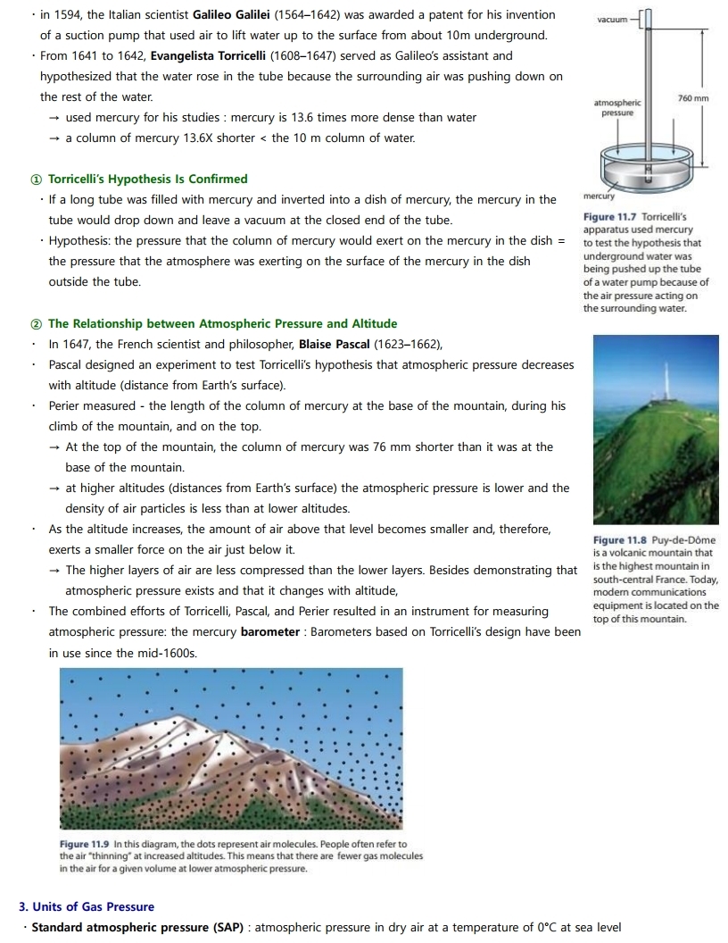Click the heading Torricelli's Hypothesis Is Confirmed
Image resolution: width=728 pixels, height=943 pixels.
pos(147,179)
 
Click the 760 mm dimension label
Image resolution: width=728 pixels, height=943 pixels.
pos(693,97)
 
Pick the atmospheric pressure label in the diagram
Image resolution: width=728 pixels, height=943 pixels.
pos(616,108)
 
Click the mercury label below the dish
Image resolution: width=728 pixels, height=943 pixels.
pos(600,196)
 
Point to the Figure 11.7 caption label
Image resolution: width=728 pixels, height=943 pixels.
pos(610,217)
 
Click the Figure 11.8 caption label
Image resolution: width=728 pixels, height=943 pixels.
pos(621,540)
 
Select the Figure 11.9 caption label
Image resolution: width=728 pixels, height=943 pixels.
pos(86,844)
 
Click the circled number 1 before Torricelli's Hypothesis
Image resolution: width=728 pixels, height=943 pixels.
pos(36,179)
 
